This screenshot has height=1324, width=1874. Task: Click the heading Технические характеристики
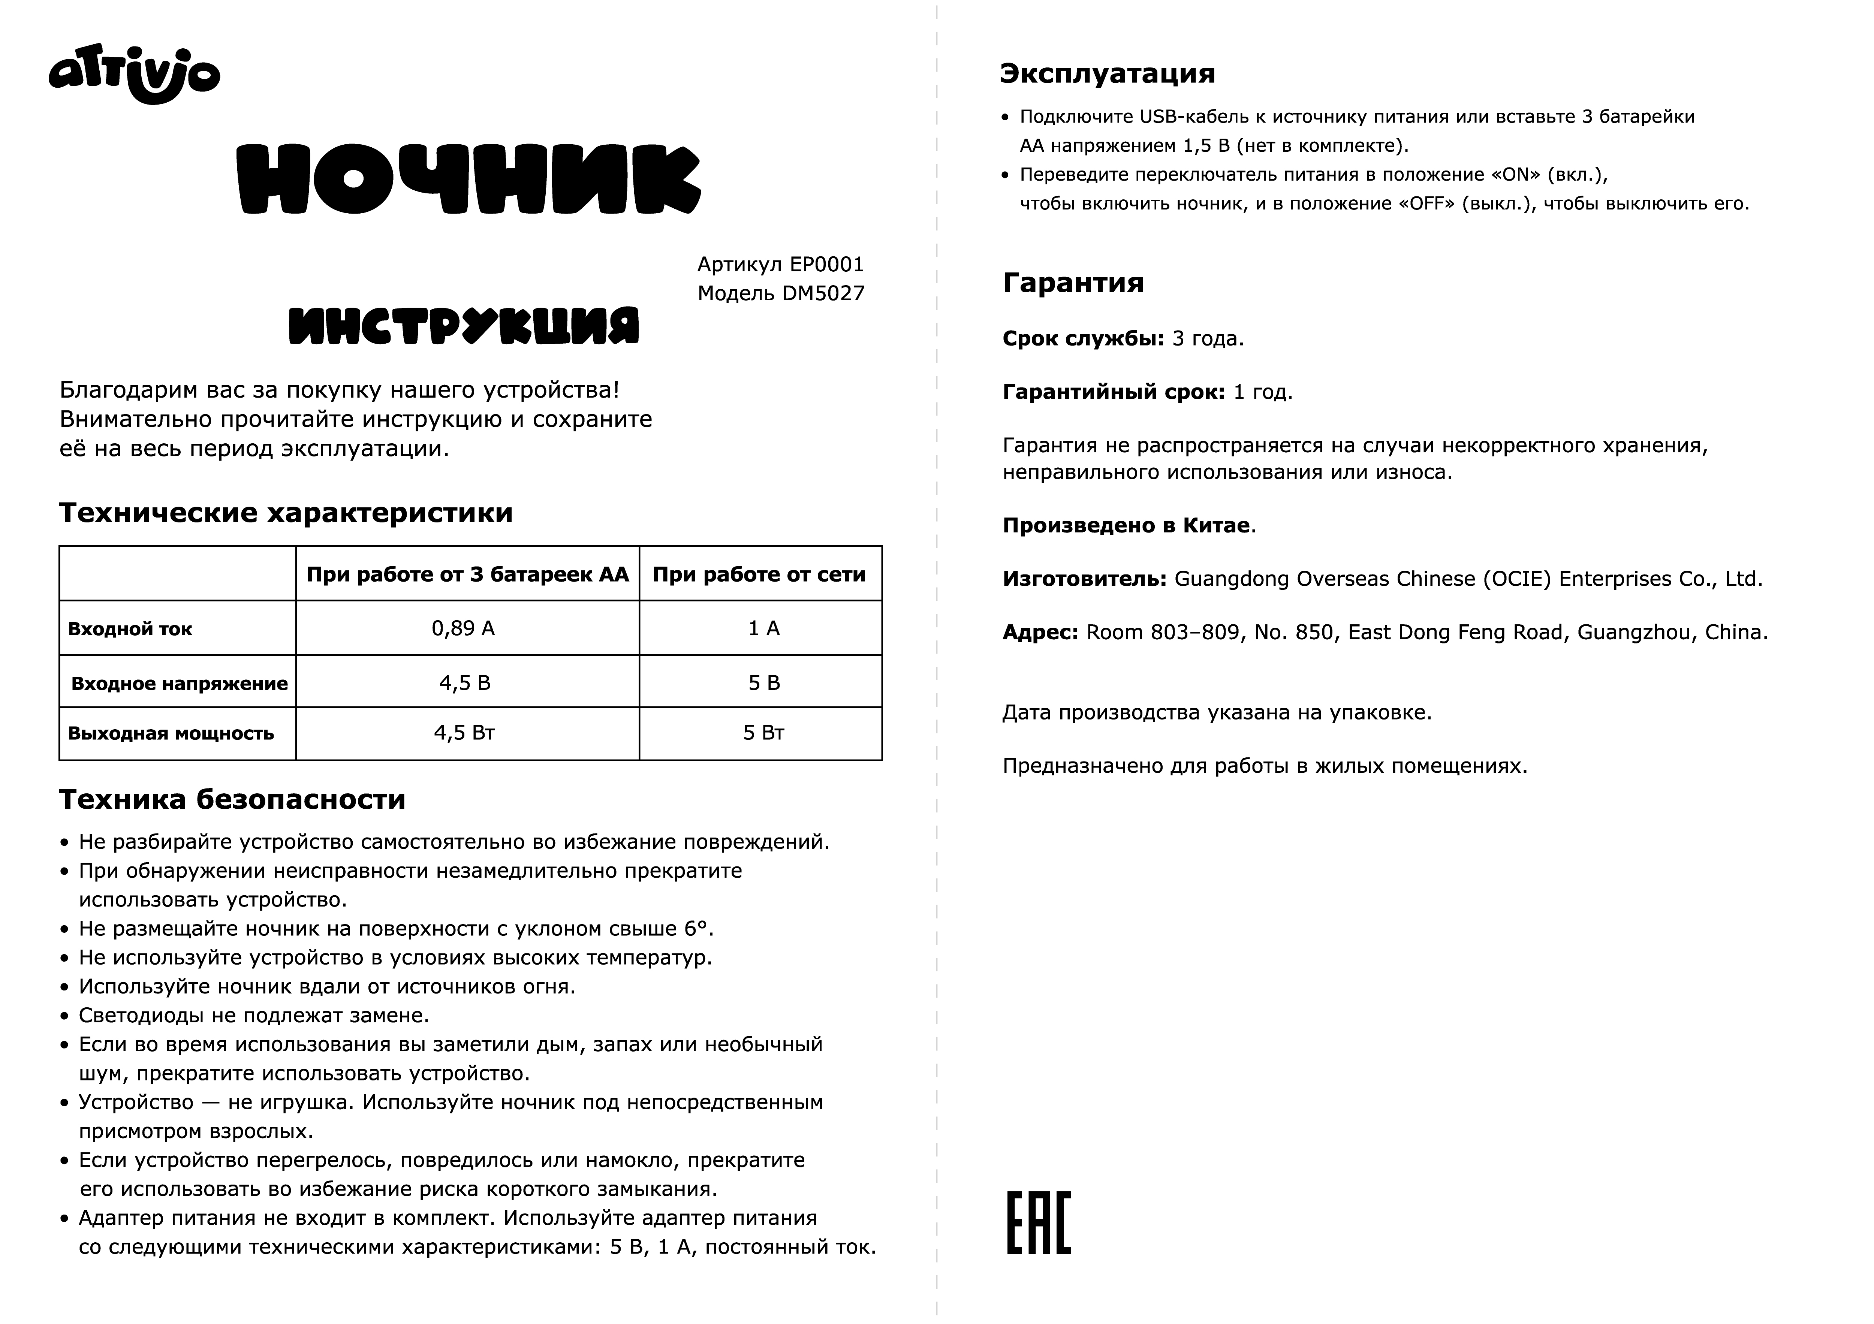click(286, 513)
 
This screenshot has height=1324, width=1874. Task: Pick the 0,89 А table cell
click(464, 628)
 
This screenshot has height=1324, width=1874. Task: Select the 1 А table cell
click(764, 628)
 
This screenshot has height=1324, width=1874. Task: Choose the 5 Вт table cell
click(763, 733)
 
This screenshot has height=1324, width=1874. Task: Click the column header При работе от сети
click(759, 574)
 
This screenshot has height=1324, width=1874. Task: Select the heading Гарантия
click(1072, 283)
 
